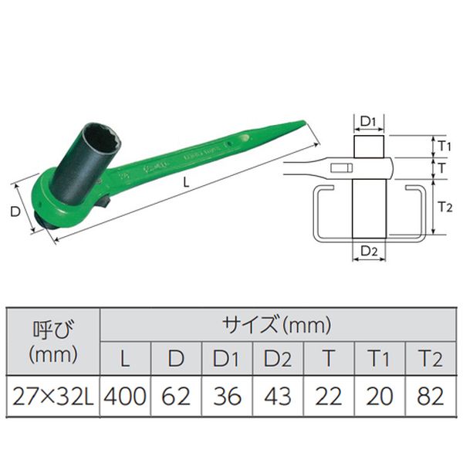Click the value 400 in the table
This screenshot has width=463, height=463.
click(x=125, y=396)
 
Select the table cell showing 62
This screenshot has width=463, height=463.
click(x=176, y=396)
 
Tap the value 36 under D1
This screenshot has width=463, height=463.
click(x=227, y=396)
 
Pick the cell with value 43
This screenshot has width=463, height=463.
click(x=278, y=396)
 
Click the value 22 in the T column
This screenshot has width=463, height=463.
click(x=329, y=396)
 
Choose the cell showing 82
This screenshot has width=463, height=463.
click(x=431, y=396)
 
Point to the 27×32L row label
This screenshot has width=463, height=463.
click(x=53, y=396)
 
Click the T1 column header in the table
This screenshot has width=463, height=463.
click(x=380, y=358)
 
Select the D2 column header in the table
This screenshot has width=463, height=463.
click(x=278, y=358)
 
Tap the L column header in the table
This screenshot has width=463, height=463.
click(x=125, y=358)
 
